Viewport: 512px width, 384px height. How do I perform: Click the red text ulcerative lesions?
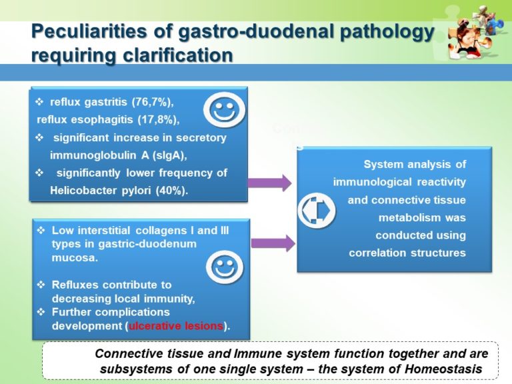point(177,326)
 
